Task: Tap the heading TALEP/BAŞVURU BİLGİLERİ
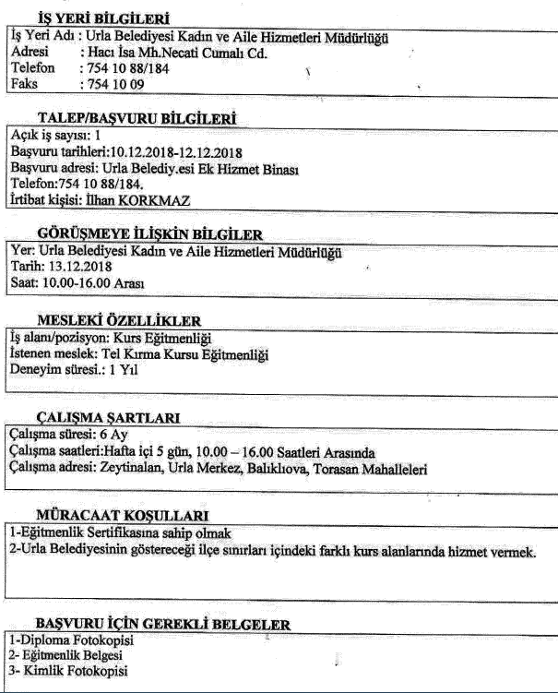[137, 119]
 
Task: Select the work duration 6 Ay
[114, 435]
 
